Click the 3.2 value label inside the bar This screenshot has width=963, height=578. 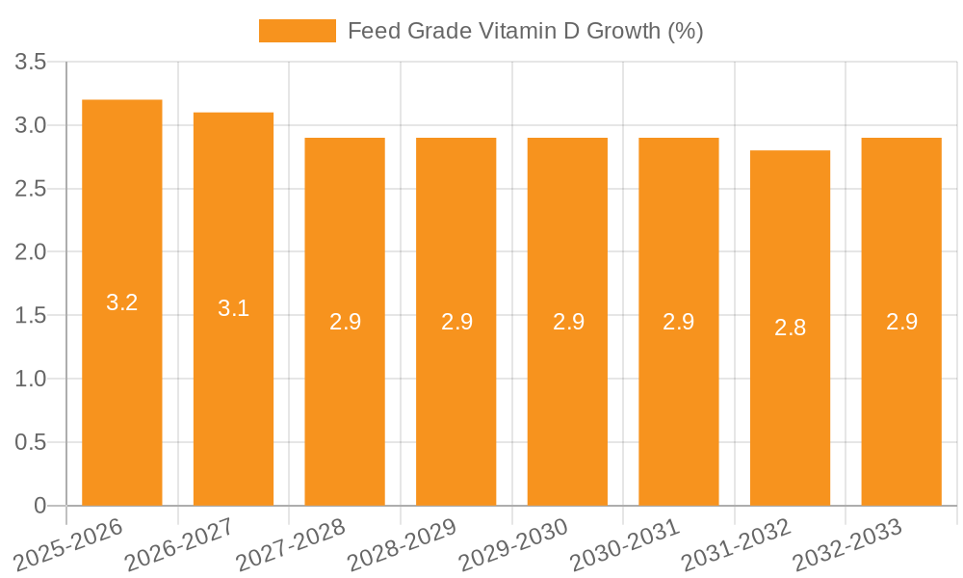click(x=121, y=302)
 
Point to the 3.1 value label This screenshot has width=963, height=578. click(x=233, y=308)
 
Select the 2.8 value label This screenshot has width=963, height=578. click(x=790, y=328)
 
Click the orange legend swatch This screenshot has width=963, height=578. click(x=297, y=31)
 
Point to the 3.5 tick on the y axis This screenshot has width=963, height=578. click(x=31, y=63)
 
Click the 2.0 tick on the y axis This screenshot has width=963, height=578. click(x=31, y=252)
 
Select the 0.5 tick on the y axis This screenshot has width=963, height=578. click(x=31, y=442)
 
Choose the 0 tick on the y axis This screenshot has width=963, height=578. click(x=39, y=506)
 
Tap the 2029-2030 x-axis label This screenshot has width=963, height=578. click(x=513, y=544)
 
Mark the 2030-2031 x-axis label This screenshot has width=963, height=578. click(x=625, y=544)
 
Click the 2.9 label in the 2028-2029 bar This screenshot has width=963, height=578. click(x=456, y=322)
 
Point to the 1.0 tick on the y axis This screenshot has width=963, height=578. click(x=31, y=379)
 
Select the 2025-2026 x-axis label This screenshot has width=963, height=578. click(x=68, y=544)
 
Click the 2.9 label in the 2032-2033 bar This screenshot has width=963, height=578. click(x=901, y=322)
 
